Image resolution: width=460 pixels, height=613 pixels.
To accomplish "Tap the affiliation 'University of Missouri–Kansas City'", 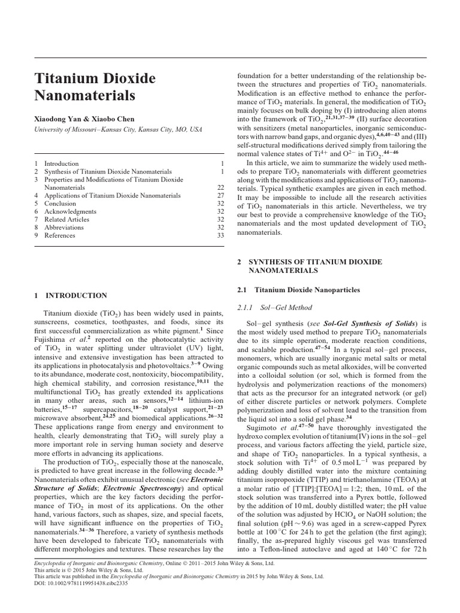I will tap(83, 129).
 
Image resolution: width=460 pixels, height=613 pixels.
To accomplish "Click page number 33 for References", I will tap(220, 236).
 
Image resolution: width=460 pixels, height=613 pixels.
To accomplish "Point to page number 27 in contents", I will tap(220, 196).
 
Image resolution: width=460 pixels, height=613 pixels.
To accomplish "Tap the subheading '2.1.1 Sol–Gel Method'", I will tap(275, 308).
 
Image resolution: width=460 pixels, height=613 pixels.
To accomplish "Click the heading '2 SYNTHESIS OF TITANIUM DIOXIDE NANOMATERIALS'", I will tap(307, 266).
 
